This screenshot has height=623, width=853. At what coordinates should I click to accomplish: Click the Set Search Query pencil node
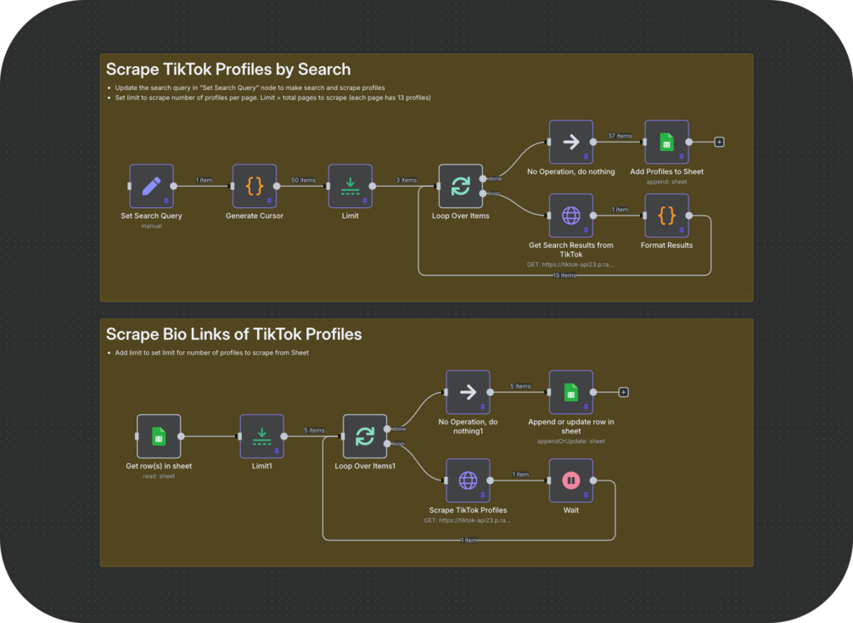click(x=151, y=186)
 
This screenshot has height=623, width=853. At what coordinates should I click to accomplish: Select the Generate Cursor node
click(x=255, y=186)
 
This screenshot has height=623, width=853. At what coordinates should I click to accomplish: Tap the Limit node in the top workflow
click(x=350, y=186)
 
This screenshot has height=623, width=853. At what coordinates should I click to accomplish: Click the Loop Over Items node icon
click(x=460, y=186)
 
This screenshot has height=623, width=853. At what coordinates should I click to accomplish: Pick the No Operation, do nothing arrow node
click(x=570, y=142)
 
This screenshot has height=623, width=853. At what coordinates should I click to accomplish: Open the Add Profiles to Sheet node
click(x=666, y=142)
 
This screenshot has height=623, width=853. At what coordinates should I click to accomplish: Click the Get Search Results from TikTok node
click(x=570, y=216)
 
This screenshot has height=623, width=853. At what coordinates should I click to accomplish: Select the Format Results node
click(x=666, y=216)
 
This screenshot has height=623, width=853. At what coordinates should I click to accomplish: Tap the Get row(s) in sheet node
click(x=159, y=436)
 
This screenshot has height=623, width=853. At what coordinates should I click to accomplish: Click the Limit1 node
click(x=261, y=436)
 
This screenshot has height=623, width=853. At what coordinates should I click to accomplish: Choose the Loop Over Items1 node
click(x=365, y=436)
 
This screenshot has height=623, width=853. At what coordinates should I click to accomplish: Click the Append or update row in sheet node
click(x=570, y=392)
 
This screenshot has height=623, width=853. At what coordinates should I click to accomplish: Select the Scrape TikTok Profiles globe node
click(x=468, y=480)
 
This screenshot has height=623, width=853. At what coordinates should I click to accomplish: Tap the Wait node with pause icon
click(x=570, y=480)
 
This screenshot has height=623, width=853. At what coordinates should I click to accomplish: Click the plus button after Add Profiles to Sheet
click(x=719, y=142)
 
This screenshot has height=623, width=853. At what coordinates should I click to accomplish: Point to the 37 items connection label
click(x=620, y=136)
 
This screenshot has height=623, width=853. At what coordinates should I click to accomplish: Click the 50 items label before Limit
click(x=302, y=180)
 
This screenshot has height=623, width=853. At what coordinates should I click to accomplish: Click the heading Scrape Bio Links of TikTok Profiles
click(x=233, y=334)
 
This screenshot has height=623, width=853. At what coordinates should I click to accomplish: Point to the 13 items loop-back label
click(x=564, y=276)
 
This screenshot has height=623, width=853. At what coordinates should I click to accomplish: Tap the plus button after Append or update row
click(x=623, y=392)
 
